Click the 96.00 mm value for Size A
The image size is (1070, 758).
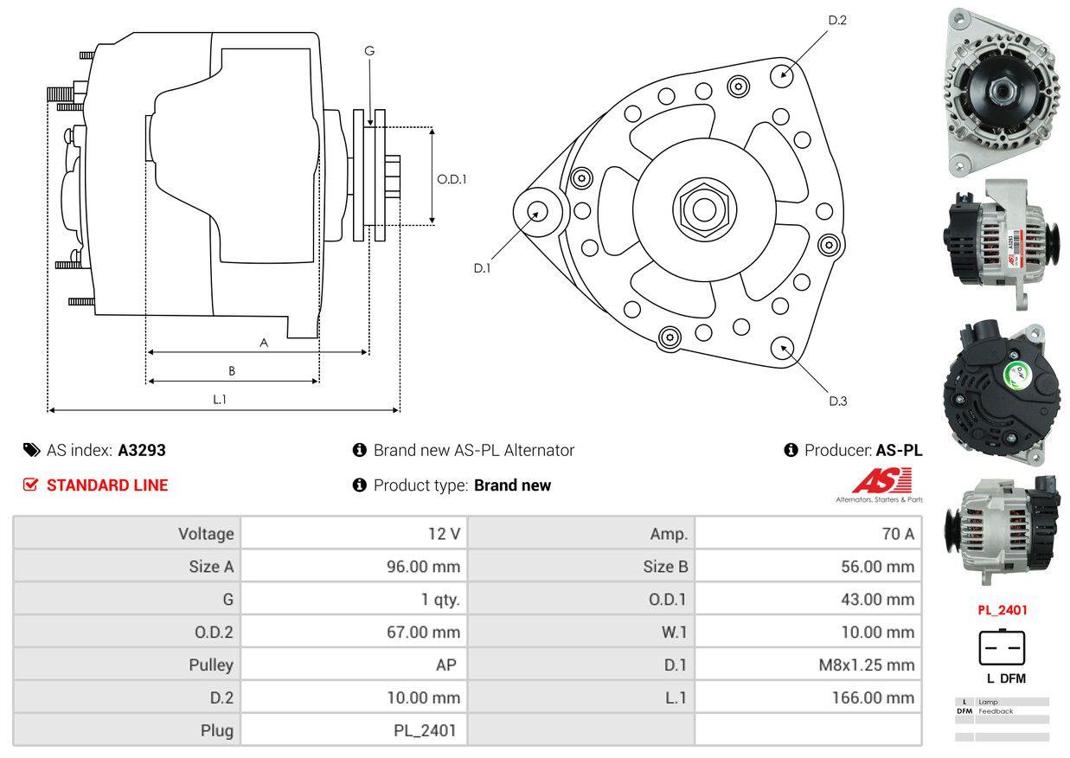[422, 567]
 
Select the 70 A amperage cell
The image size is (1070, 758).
[897, 534]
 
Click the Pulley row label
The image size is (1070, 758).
[211, 665]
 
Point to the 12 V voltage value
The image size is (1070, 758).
[444, 534]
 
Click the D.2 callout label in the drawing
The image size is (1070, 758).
[836, 20]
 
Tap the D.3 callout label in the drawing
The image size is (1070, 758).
[837, 401]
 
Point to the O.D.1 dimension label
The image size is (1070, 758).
[452, 180]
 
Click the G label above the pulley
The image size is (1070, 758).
[369, 51]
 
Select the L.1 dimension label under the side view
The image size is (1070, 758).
[220, 399]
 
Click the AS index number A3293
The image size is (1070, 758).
[142, 450]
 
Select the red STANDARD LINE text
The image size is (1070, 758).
[107, 485]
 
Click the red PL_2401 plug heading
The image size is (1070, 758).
[1002, 610]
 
